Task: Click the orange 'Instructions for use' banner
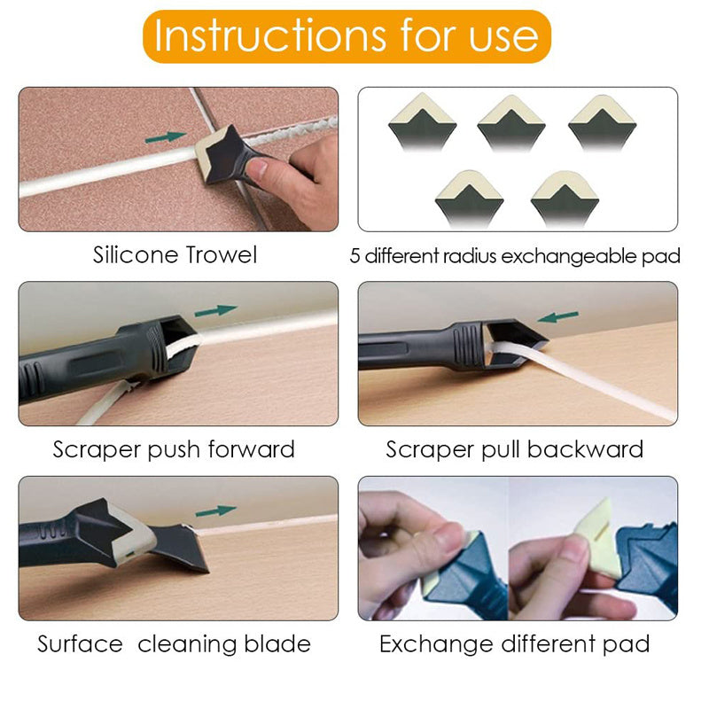click(x=347, y=36)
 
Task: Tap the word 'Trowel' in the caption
click(x=221, y=254)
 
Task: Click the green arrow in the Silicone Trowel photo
click(x=166, y=137)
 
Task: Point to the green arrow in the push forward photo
click(x=215, y=311)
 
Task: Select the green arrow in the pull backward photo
click(x=557, y=316)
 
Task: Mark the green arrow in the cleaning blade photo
click(x=215, y=511)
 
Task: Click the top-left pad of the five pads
click(x=423, y=122)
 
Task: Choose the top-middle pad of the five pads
click(x=511, y=123)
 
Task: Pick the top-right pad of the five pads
click(x=603, y=123)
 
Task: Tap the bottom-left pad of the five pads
click(x=469, y=199)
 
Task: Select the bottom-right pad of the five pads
click(x=565, y=199)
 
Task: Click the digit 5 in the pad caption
click(x=355, y=256)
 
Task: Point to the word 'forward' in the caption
click(x=252, y=449)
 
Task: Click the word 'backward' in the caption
click(x=585, y=449)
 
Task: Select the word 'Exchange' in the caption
click(x=436, y=644)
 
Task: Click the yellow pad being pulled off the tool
click(x=596, y=538)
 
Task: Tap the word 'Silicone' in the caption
click(x=136, y=254)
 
